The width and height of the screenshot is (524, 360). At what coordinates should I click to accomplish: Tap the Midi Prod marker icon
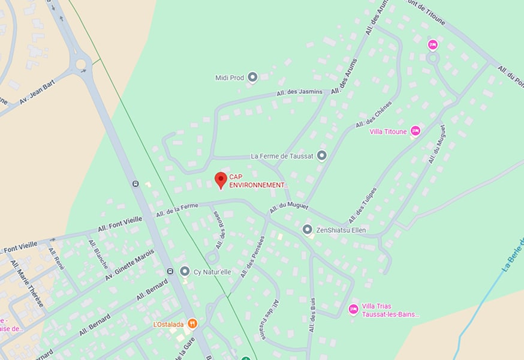point(252,77)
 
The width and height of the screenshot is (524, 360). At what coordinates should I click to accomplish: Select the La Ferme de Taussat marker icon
point(321,156)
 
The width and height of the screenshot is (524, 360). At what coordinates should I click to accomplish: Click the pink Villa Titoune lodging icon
point(415,131)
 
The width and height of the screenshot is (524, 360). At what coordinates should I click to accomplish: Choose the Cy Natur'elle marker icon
point(185,271)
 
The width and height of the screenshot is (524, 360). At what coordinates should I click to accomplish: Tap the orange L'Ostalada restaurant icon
point(192,324)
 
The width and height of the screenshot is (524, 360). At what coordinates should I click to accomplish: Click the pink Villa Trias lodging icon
point(353,309)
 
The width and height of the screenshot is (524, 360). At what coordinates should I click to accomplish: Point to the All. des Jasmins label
point(299,92)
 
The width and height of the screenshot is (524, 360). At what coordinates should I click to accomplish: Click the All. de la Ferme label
point(177,210)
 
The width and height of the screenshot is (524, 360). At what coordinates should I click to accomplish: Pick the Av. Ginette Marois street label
point(130,265)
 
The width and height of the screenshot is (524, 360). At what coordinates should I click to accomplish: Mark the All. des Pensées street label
point(252,257)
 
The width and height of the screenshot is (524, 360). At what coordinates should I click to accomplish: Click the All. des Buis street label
point(312,315)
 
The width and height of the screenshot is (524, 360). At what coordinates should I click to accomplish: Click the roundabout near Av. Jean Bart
point(80,64)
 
